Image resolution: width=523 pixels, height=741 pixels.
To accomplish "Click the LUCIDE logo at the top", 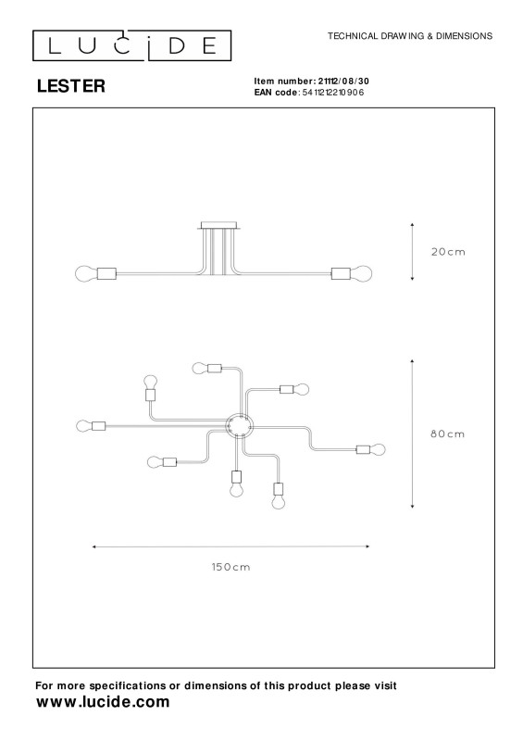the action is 131,45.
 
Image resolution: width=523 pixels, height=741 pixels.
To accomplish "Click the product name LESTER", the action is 71,86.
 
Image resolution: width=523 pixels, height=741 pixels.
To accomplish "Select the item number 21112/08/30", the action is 343,82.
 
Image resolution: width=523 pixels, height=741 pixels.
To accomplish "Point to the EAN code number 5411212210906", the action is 333,93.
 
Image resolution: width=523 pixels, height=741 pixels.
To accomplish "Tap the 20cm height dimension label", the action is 448,252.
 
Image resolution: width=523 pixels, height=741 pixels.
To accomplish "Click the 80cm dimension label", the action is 447,433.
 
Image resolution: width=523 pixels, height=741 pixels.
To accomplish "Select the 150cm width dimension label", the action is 230,567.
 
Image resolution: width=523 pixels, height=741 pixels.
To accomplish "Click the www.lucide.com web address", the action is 103,702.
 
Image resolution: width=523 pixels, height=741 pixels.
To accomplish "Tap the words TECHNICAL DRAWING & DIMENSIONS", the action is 410,36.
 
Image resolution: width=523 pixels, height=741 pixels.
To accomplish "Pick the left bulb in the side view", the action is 86,273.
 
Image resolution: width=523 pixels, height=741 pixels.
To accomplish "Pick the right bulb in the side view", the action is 361,273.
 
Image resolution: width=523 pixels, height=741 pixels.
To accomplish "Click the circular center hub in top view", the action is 240,426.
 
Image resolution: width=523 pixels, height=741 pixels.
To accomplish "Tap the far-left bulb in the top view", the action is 84,426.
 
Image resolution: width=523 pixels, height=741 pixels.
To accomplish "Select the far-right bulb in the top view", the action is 378,449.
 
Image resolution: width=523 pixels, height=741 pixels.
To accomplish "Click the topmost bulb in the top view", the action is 200,368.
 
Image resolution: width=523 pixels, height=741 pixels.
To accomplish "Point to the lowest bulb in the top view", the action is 279,501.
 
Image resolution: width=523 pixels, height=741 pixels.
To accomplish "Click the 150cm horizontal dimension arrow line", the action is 230,546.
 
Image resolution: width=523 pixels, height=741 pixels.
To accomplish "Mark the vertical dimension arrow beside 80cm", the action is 413,433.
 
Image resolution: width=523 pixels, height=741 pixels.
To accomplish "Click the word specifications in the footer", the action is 128,685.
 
